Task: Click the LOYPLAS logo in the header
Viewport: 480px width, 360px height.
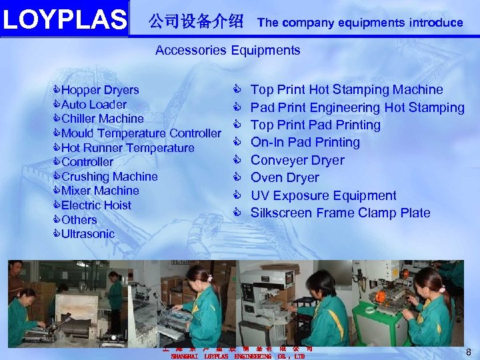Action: click(x=64, y=19)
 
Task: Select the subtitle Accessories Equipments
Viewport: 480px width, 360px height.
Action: click(x=227, y=50)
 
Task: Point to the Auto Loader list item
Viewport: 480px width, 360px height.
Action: click(x=93, y=105)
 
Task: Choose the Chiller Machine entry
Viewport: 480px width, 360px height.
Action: click(x=102, y=119)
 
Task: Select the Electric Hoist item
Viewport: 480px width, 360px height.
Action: click(x=96, y=205)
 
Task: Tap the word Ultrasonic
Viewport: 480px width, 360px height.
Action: click(x=87, y=234)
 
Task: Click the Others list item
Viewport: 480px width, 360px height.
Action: click(x=79, y=220)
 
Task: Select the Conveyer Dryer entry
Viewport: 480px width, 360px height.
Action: click(x=297, y=161)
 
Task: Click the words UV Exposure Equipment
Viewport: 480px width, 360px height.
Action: click(x=323, y=196)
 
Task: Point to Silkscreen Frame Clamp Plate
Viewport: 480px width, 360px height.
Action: click(x=340, y=213)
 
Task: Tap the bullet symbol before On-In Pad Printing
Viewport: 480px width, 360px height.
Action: click(x=236, y=142)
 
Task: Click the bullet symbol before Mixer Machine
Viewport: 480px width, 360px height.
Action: click(x=57, y=191)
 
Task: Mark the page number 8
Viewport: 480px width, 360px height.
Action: click(x=469, y=352)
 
